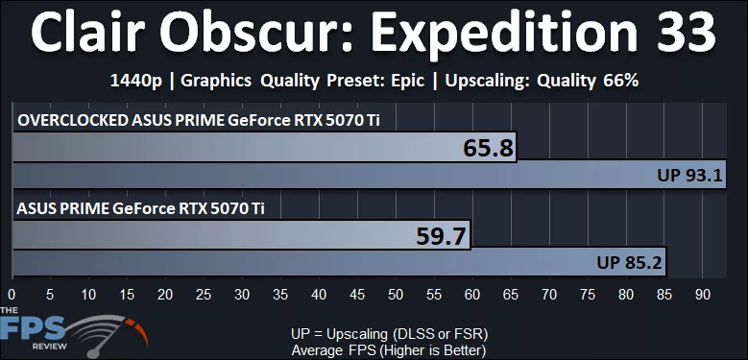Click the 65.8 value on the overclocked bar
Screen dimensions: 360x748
pyautogui.click(x=488, y=148)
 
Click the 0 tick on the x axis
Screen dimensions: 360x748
pyautogui.click(x=12, y=294)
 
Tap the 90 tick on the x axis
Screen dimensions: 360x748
pyautogui.click(x=703, y=294)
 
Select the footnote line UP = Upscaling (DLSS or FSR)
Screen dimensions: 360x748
pyautogui.click(x=390, y=333)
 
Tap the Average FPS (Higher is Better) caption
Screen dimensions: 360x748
pyautogui.click(x=389, y=349)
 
